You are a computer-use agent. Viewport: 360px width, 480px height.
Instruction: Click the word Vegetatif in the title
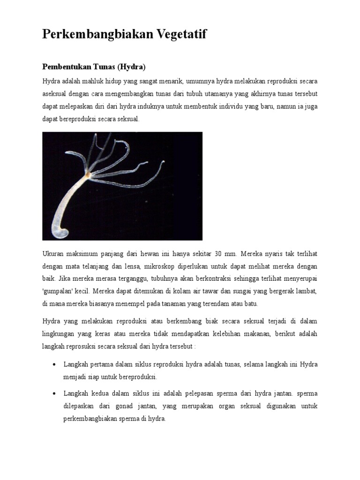point(177,34)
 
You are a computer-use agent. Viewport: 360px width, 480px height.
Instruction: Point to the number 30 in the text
point(218,254)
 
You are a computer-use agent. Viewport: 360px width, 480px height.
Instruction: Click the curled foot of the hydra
point(62,231)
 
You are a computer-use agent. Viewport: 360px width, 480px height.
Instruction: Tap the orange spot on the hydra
point(88,175)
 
